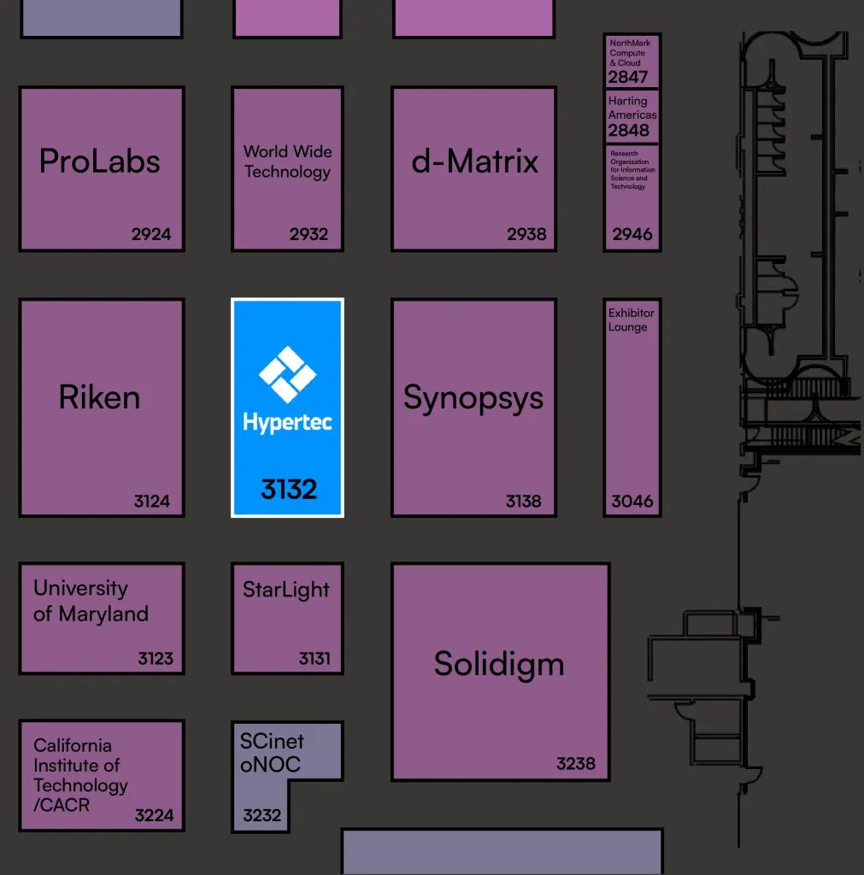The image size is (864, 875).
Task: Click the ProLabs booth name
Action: click(x=100, y=161)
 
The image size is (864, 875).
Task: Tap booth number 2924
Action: click(x=151, y=234)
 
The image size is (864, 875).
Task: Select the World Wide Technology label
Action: click(x=287, y=161)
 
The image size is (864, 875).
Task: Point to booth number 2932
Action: click(x=309, y=234)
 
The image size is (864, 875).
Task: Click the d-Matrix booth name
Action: click(x=475, y=161)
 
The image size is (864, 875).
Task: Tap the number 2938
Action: click(x=526, y=234)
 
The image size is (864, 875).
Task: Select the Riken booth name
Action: click(x=99, y=397)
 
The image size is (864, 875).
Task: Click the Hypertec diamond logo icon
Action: click(x=287, y=374)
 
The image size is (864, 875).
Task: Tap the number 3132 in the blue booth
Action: click(x=289, y=490)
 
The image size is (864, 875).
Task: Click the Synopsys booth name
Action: click(x=473, y=398)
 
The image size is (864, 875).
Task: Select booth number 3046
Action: click(x=632, y=502)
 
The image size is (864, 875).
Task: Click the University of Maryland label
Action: click(x=91, y=601)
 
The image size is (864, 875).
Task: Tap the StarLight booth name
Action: click(x=286, y=590)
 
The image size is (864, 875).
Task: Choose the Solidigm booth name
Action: click(x=499, y=664)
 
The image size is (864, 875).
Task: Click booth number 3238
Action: click(x=576, y=764)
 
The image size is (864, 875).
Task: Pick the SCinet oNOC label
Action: click(x=272, y=753)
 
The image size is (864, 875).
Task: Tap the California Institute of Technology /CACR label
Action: click(x=80, y=775)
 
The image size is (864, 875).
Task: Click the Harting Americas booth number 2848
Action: click(x=629, y=131)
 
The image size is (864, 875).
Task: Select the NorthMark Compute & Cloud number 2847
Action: click(x=628, y=77)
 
